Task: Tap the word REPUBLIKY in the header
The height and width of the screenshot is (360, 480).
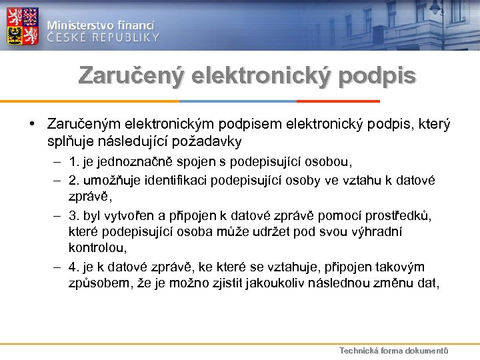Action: click(x=126, y=37)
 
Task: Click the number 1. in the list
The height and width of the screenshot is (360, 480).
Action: click(x=75, y=162)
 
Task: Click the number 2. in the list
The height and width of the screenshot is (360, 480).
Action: click(x=75, y=180)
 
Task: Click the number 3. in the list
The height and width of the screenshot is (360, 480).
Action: click(x=75, y=215)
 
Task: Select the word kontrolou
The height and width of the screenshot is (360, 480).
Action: click(x=99, y=248)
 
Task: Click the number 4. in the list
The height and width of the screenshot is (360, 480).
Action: click(x=75, y=267)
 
